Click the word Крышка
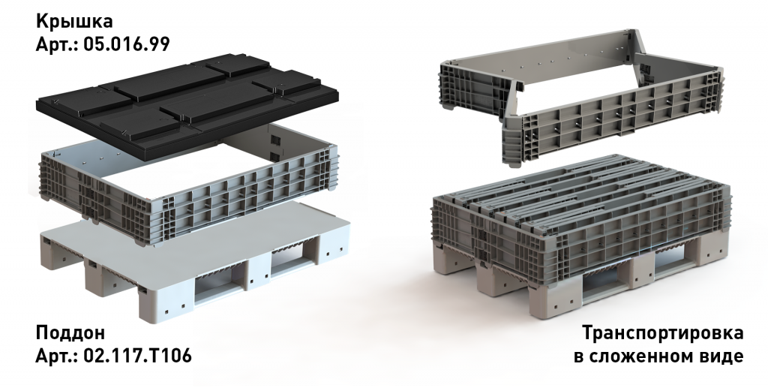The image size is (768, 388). pos(74,22)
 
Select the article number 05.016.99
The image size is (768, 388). pos(126,44)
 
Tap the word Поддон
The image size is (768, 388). pos(70,333)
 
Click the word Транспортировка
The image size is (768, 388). pos(663,334)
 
